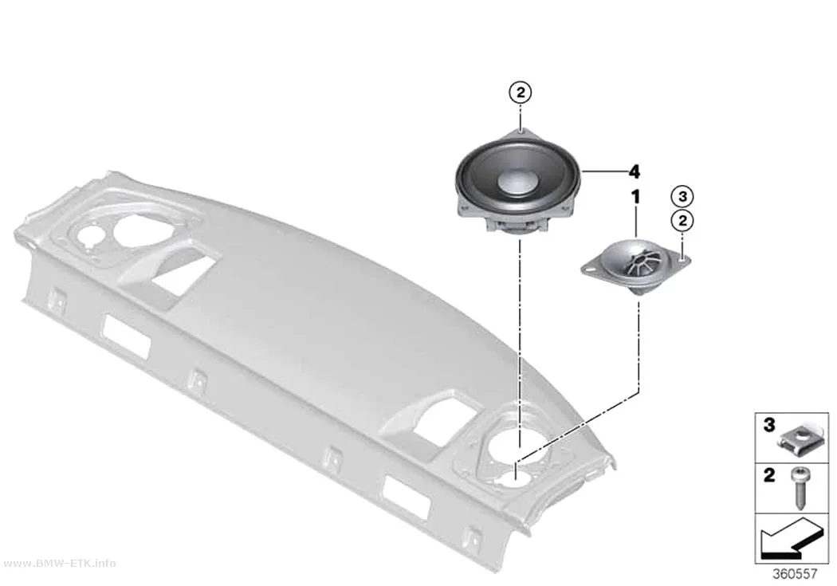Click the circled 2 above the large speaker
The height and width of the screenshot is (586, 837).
[521, 92]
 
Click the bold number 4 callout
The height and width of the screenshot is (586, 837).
[634, 172]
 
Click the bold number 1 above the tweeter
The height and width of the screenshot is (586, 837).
[635, 197]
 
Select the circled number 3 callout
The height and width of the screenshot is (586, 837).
[682, 196]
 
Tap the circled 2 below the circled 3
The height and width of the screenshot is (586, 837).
[682, 220]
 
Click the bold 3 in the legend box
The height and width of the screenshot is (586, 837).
[768, 426]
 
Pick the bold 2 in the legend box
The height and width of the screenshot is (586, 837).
[768, 475]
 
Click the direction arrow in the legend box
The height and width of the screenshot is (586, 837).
[791, 538]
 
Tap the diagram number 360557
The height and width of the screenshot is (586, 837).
[794, 574]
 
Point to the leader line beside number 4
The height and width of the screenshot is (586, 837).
[603, 171]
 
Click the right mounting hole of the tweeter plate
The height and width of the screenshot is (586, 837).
[682, 259]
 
